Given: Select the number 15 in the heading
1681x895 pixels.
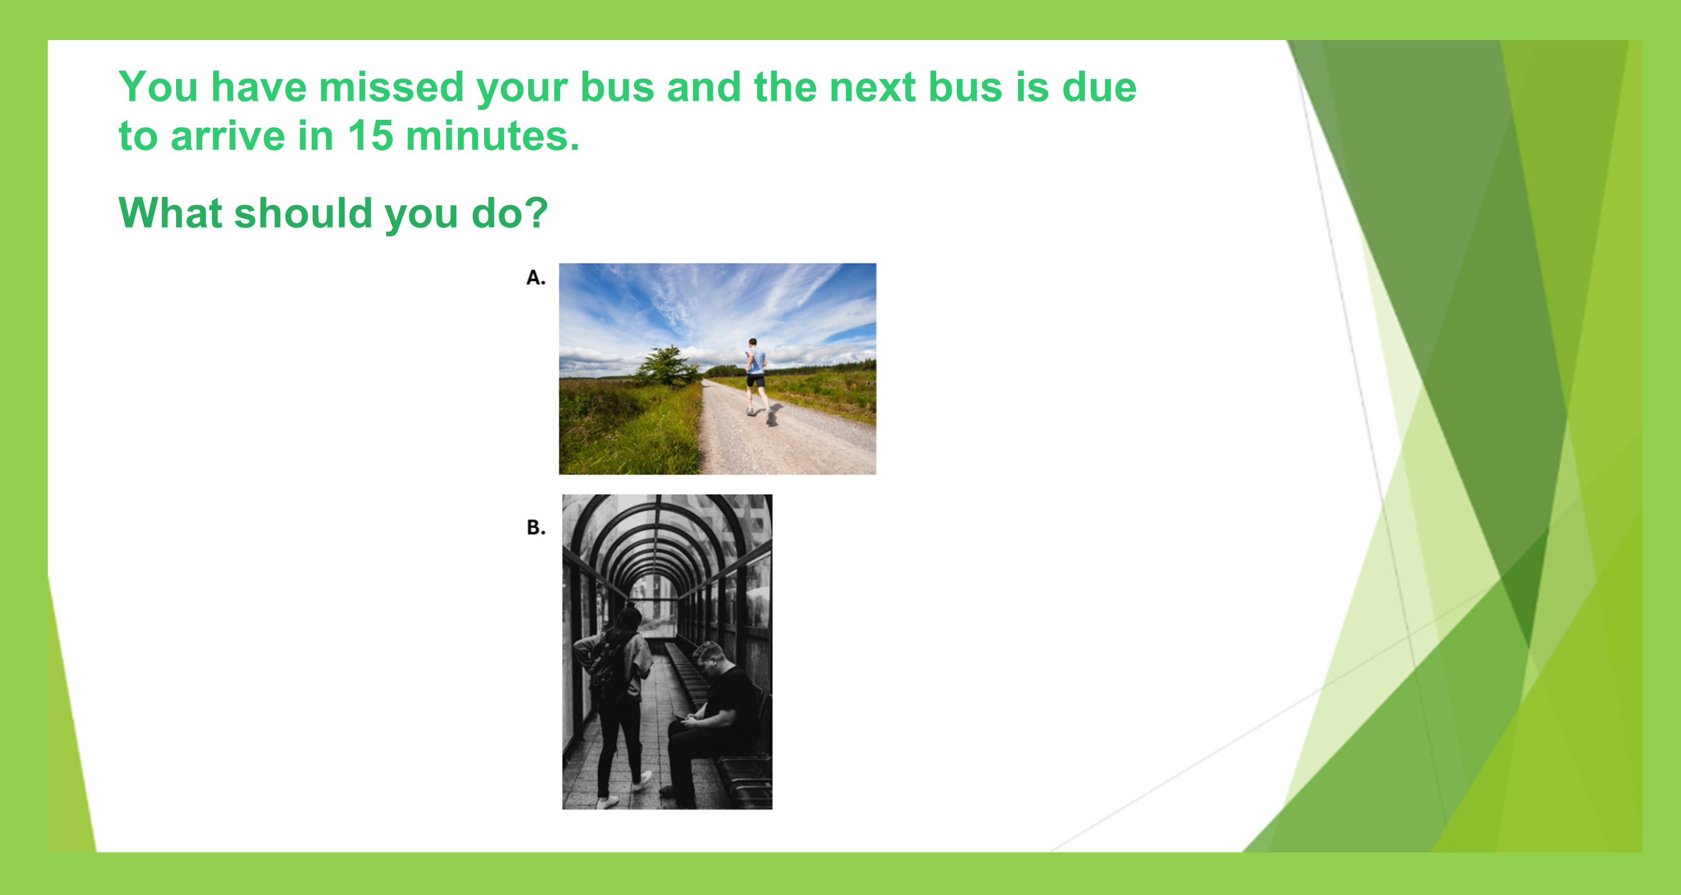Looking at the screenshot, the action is point(370,136).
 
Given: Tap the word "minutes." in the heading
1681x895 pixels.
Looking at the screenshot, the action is point(492,136).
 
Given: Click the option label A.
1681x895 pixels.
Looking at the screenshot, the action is point(536,277).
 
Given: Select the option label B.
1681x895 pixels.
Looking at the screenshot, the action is point(536,527).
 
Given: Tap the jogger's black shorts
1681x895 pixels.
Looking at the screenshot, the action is point(756,380).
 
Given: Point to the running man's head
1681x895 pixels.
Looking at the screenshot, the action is point(752,342).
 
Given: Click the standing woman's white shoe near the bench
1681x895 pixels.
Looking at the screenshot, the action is point(643,779).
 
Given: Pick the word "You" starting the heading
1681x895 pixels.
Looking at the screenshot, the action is point(158,87).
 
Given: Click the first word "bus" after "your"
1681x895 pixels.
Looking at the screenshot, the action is point(616,87).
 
